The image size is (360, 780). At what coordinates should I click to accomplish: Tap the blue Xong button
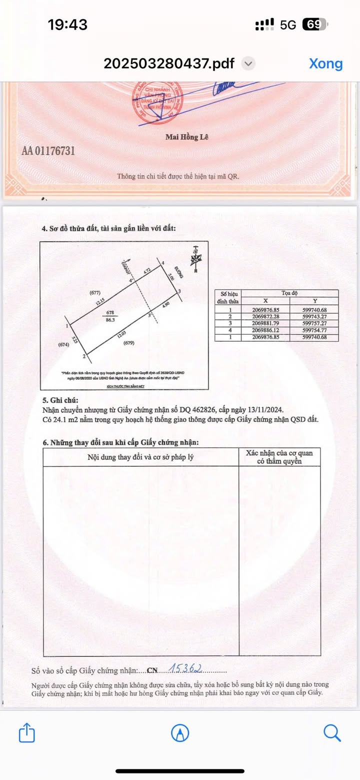click(325, 64)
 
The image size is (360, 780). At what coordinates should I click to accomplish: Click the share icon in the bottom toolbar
click(26, 733)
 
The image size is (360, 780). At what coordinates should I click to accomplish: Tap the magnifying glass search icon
click(332, 733)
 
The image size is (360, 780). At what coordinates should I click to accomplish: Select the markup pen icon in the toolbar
click(180, 733)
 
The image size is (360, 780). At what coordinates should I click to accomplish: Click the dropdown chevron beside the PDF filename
click(248, 64)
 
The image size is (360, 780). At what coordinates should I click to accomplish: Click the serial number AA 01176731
click(48, 151)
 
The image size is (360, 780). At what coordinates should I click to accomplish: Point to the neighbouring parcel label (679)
click(129, 343)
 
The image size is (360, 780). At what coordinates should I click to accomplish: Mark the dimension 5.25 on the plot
click(75, 340)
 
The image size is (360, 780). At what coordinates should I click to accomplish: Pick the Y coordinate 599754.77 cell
click(313, 330)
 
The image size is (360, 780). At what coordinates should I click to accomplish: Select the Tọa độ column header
click(289, 293)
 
